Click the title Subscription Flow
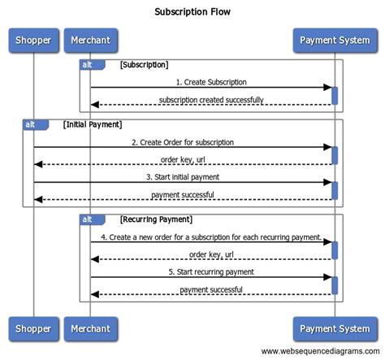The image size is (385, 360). (192, 12)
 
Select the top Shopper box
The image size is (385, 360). (34, 40)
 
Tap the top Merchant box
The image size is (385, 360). (90, 40)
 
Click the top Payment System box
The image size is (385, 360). (334, 40)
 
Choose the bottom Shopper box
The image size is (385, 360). (34, 328)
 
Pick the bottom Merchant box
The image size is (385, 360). (90, 328)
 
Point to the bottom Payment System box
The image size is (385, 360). (334, 328)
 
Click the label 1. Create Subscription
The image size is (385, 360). (211, 82)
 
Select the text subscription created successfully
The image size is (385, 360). (211, 100)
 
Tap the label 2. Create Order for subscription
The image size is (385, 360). (184, 142)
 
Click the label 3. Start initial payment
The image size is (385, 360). (184, 177)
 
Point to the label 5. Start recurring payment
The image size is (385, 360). (211, 271)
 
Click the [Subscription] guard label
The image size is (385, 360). (144, 63)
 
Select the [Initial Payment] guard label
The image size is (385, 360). (92, 124)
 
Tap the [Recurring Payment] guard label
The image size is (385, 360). (156, 219)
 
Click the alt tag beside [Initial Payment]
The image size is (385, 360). (30, 124)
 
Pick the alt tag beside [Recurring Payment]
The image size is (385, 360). (87, 219)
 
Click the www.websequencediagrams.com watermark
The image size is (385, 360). (320, 351)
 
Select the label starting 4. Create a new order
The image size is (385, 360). (211, 236)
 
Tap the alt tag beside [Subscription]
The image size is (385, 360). (87, 63)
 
